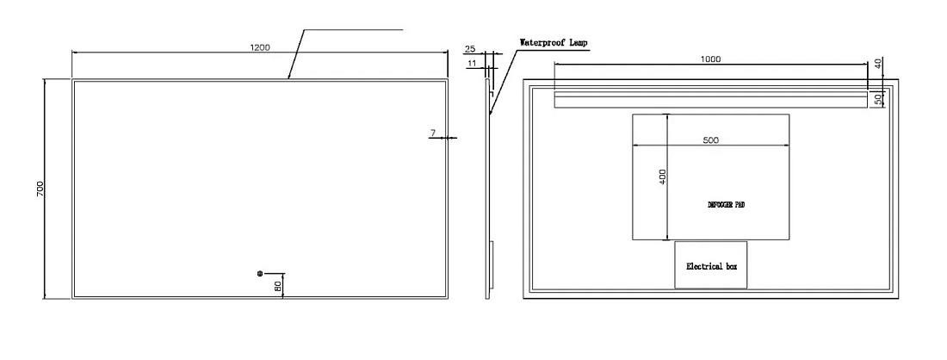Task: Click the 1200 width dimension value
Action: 260,47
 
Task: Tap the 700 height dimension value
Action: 40,188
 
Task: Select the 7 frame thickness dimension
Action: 433,132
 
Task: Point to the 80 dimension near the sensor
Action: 278,286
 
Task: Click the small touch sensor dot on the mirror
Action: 260,274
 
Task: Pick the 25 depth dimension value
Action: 470,49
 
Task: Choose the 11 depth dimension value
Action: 473,62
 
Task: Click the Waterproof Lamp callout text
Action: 554,43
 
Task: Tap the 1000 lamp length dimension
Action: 710,59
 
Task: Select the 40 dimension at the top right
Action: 878,64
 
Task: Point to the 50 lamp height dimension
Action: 878,99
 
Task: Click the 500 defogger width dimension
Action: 711,140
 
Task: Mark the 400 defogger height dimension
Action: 663,177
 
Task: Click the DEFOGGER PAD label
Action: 726,205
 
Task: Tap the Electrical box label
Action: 711,266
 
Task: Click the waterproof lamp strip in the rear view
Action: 711,99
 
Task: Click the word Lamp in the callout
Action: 578,43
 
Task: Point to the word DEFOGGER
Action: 720,205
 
